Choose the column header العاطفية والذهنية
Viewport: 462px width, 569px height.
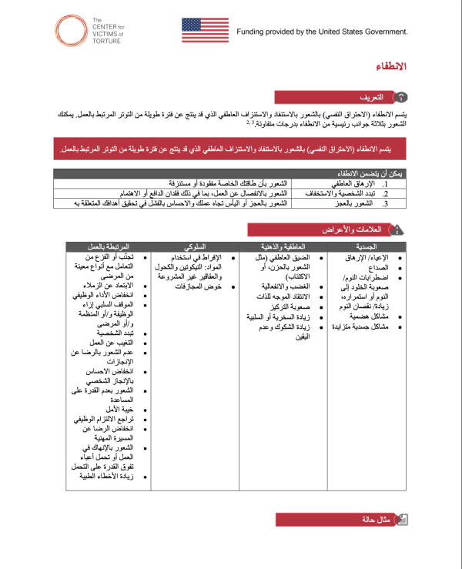[x=282, y=246]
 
